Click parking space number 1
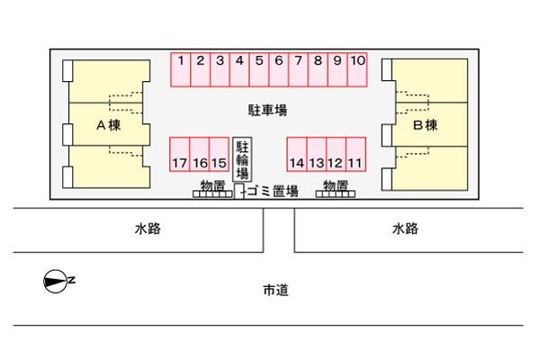point(181,69)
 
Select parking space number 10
point(357,69)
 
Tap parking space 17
point(179,154)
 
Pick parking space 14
point(297,154)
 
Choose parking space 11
point(355,154)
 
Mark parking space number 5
point(259,69)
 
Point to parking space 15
point(219,154)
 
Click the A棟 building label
point(109,125)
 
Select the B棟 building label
point(426,125)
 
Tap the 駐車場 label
point(267,110)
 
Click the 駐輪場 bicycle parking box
point(242,159)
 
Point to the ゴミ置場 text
point(273,191)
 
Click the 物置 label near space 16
point(212,185)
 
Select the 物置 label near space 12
point(336,185)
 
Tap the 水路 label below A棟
point(148,229)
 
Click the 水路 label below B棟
point(405,229)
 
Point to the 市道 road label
point(276,290)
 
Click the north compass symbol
point(55,281)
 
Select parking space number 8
point(319,69)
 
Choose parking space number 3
point(220,69)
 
